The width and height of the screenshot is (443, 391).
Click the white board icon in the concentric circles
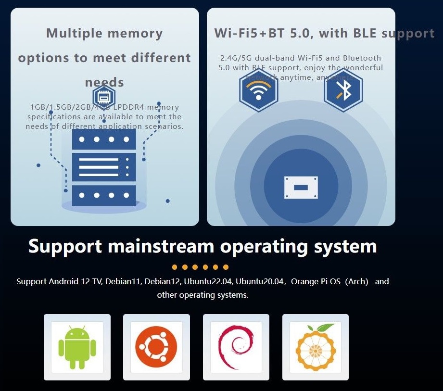pyautogui.click(x=301, y=187)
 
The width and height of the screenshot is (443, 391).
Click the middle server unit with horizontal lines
pyautogui.click(x=104, y=167)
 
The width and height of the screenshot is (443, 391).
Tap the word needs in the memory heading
pyautogui.click(x=104, y=82)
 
